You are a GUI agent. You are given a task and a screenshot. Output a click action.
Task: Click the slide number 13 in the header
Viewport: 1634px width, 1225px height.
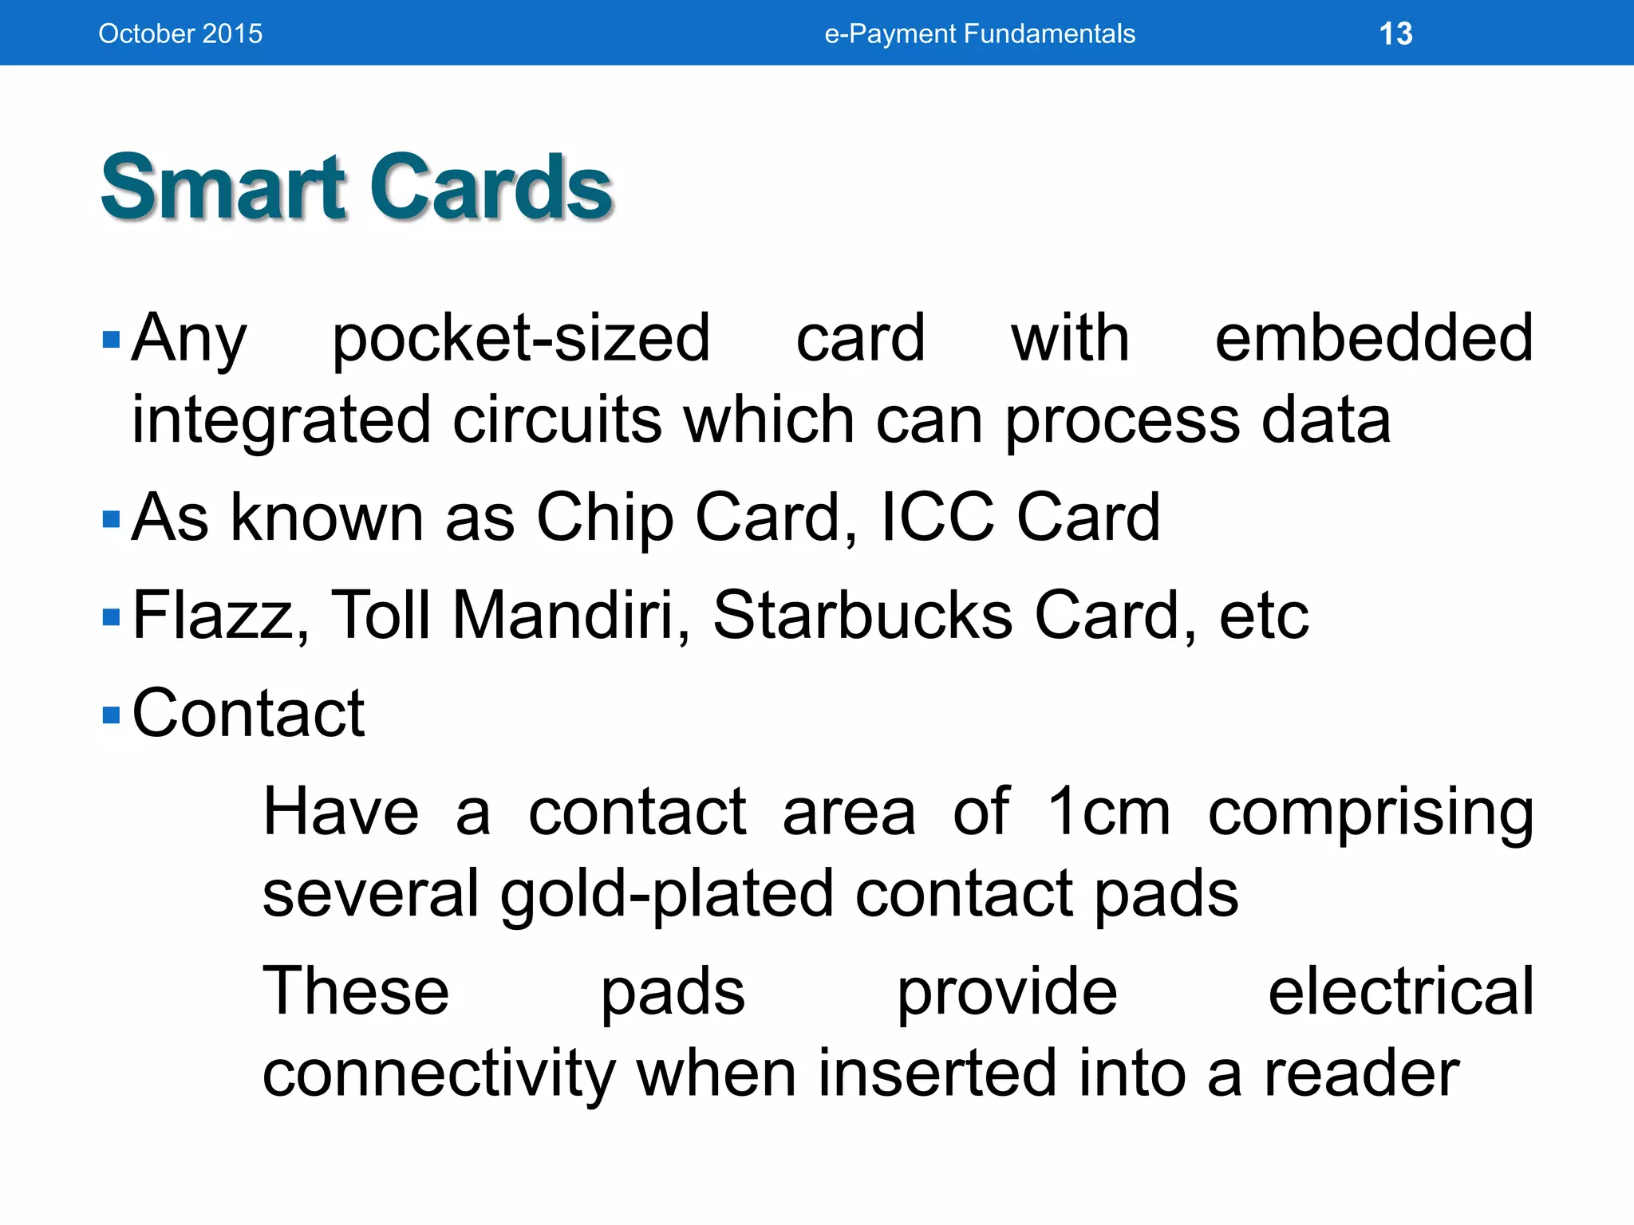point(1395,33)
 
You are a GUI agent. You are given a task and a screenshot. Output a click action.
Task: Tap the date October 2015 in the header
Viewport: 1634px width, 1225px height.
point(180,33)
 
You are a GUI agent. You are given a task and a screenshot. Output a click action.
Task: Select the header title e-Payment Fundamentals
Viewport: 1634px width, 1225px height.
point(980,33)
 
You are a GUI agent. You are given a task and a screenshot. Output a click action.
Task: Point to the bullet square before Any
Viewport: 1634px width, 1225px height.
point(112,341)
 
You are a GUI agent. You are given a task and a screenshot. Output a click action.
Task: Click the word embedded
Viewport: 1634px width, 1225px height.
point(1373,338)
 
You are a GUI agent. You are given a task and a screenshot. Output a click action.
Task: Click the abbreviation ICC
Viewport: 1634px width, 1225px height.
point(937,518)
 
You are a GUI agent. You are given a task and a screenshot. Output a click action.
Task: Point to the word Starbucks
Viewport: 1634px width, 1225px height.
point(862,616)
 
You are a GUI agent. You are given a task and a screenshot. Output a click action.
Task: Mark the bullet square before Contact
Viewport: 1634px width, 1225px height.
point(112,714)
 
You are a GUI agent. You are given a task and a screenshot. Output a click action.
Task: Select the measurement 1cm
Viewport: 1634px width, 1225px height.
point(1108,812)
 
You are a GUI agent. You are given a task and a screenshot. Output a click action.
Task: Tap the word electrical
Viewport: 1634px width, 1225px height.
point(1400,991)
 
